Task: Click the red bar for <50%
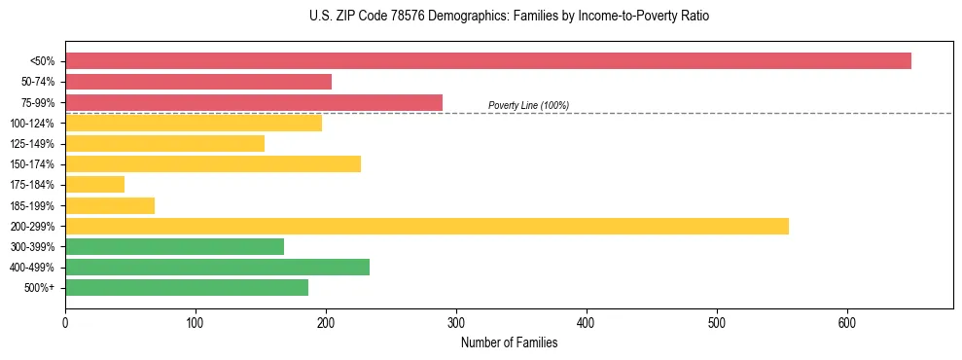tap(488, 61)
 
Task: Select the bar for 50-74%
tap(198, 82)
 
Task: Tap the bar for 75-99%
tap(254, 102)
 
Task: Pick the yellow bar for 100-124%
tap(194, 123)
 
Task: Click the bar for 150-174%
tap(213, 164)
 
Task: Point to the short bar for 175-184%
tap(95, 185)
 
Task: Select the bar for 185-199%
tap(110, 205)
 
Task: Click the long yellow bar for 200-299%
tap(427, 226)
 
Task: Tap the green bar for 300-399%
tap(175, 246)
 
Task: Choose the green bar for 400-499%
tap(218, 267)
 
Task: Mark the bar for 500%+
tap(187, 287)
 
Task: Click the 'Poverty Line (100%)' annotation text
tap(528, 105)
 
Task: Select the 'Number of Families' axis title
tap(509, 342)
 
